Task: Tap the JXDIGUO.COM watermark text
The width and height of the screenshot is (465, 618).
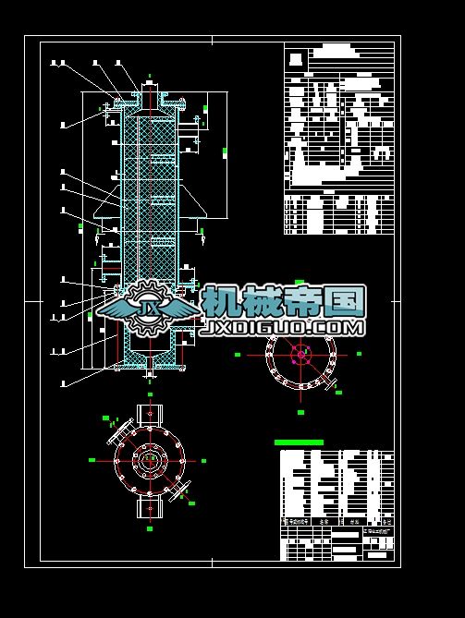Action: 281,327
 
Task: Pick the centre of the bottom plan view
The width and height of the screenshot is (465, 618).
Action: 150,459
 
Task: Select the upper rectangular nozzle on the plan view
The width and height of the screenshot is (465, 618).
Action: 149,413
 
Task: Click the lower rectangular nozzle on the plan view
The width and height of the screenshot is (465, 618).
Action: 149,507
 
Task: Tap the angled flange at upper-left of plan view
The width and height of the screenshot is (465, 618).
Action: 119,430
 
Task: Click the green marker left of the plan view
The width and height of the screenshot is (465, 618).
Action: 92,459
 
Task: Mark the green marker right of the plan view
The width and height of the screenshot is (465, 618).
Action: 203,459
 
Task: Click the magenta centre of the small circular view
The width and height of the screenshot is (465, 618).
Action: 300,354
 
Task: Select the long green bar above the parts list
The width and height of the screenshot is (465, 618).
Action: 300,442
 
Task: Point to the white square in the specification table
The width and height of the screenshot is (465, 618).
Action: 294,60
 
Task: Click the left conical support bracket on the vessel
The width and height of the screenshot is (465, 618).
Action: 109,212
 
